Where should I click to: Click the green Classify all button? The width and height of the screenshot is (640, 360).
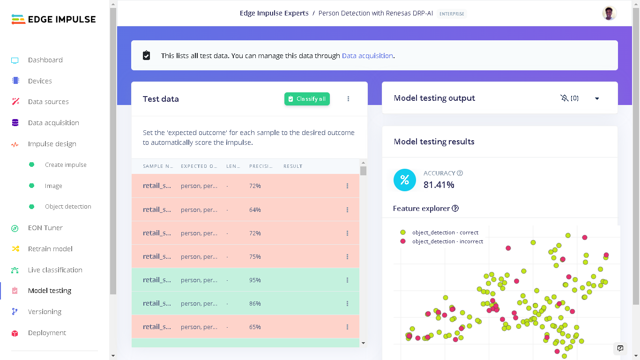[x=307, y=99]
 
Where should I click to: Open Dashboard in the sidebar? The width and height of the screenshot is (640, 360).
[x=45, y=60]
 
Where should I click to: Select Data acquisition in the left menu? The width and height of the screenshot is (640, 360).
[x=53, y=123]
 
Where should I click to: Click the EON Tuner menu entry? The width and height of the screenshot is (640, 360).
[x=45, y=228]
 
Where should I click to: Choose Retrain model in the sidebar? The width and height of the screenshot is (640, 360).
[x=50, y=249]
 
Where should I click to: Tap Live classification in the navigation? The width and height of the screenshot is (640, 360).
[x=55, y=270]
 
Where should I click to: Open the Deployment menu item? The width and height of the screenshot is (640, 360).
[x=47, y=333]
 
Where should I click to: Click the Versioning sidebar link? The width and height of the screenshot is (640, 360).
[x=45, y=312]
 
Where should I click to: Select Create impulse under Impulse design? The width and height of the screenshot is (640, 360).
[x=66, y=165]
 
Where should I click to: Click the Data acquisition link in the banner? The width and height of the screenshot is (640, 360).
[x=367, y=56]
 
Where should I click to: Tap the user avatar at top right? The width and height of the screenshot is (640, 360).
[x=609, y=13]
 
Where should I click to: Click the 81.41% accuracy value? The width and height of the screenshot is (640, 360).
[x=439, y=185]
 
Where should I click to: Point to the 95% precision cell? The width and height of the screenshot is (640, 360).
[x=255, y=280]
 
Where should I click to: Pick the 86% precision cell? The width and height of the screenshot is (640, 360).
[x=255, y=304]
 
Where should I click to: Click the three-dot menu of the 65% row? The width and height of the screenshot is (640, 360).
[x=347, y=327]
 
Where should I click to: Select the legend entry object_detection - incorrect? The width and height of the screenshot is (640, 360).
[x=447, y=241]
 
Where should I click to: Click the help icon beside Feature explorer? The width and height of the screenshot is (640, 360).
[x=455, y=209]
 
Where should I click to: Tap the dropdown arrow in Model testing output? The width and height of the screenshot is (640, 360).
[x=597, y=98]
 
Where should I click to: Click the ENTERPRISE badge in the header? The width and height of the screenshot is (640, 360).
[x=452, y=14]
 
